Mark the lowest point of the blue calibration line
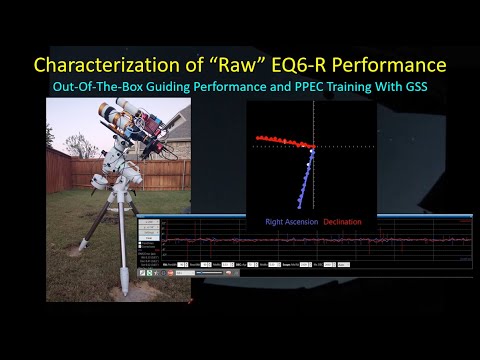click(299, 207)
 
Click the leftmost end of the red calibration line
click(258, 136)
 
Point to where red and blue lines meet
click(312, 149)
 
